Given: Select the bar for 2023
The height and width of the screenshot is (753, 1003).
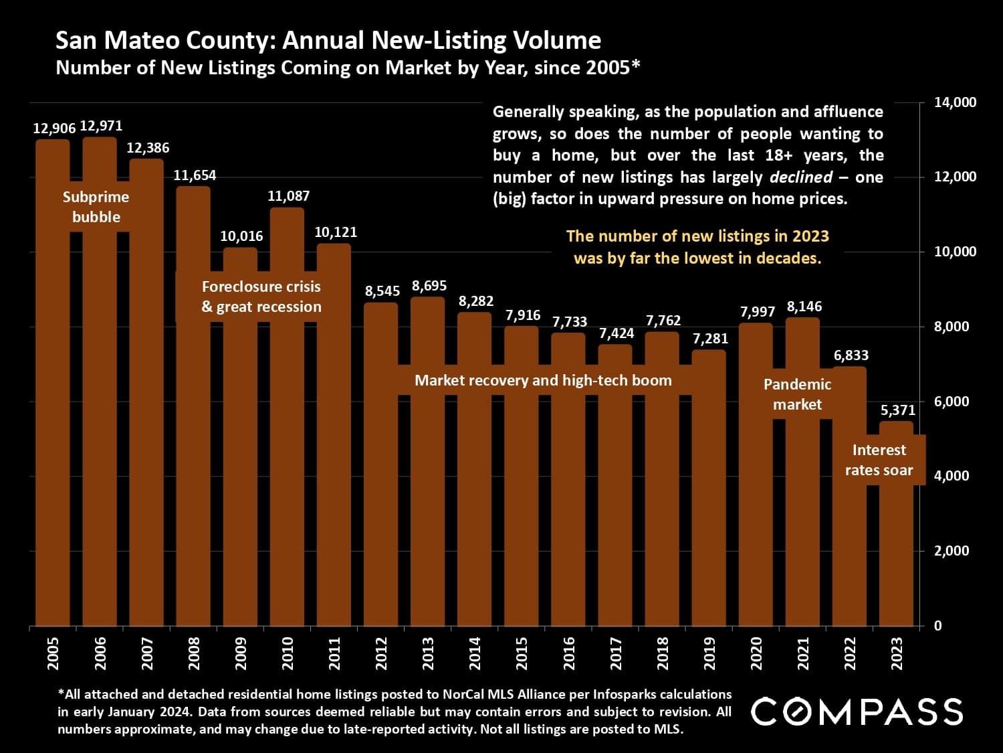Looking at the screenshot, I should click(x=896, y=549).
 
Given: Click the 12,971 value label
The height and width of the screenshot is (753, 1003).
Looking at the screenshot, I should click(x=101, y=126).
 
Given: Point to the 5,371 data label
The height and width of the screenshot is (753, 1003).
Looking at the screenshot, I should click(x=897, y=410).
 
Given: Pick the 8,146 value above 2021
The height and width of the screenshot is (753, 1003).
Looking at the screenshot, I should click(x=804, y=307).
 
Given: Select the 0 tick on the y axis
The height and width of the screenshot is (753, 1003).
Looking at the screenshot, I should click(x=937, y=626).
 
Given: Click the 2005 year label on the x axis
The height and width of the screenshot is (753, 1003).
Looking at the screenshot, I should click(x=53, y=653).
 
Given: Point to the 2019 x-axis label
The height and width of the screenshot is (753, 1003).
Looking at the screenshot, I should click(x=709, y=653).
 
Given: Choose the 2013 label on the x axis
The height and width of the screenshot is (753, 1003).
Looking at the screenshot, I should click(x=428, y=653).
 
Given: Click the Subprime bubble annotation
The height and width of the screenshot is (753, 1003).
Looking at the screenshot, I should click(x=96, y=207).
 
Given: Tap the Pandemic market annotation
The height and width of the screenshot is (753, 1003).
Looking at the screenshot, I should click(x=797, y=394).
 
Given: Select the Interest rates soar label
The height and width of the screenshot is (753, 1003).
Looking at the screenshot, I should click(x=879, y=460).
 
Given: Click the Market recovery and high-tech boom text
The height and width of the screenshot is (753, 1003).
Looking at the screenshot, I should click(x=543, y=381).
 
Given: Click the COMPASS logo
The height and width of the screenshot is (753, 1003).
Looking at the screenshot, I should click(x=857, y=712).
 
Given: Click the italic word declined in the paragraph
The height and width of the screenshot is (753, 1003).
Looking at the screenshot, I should click(x=801, y=177).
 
